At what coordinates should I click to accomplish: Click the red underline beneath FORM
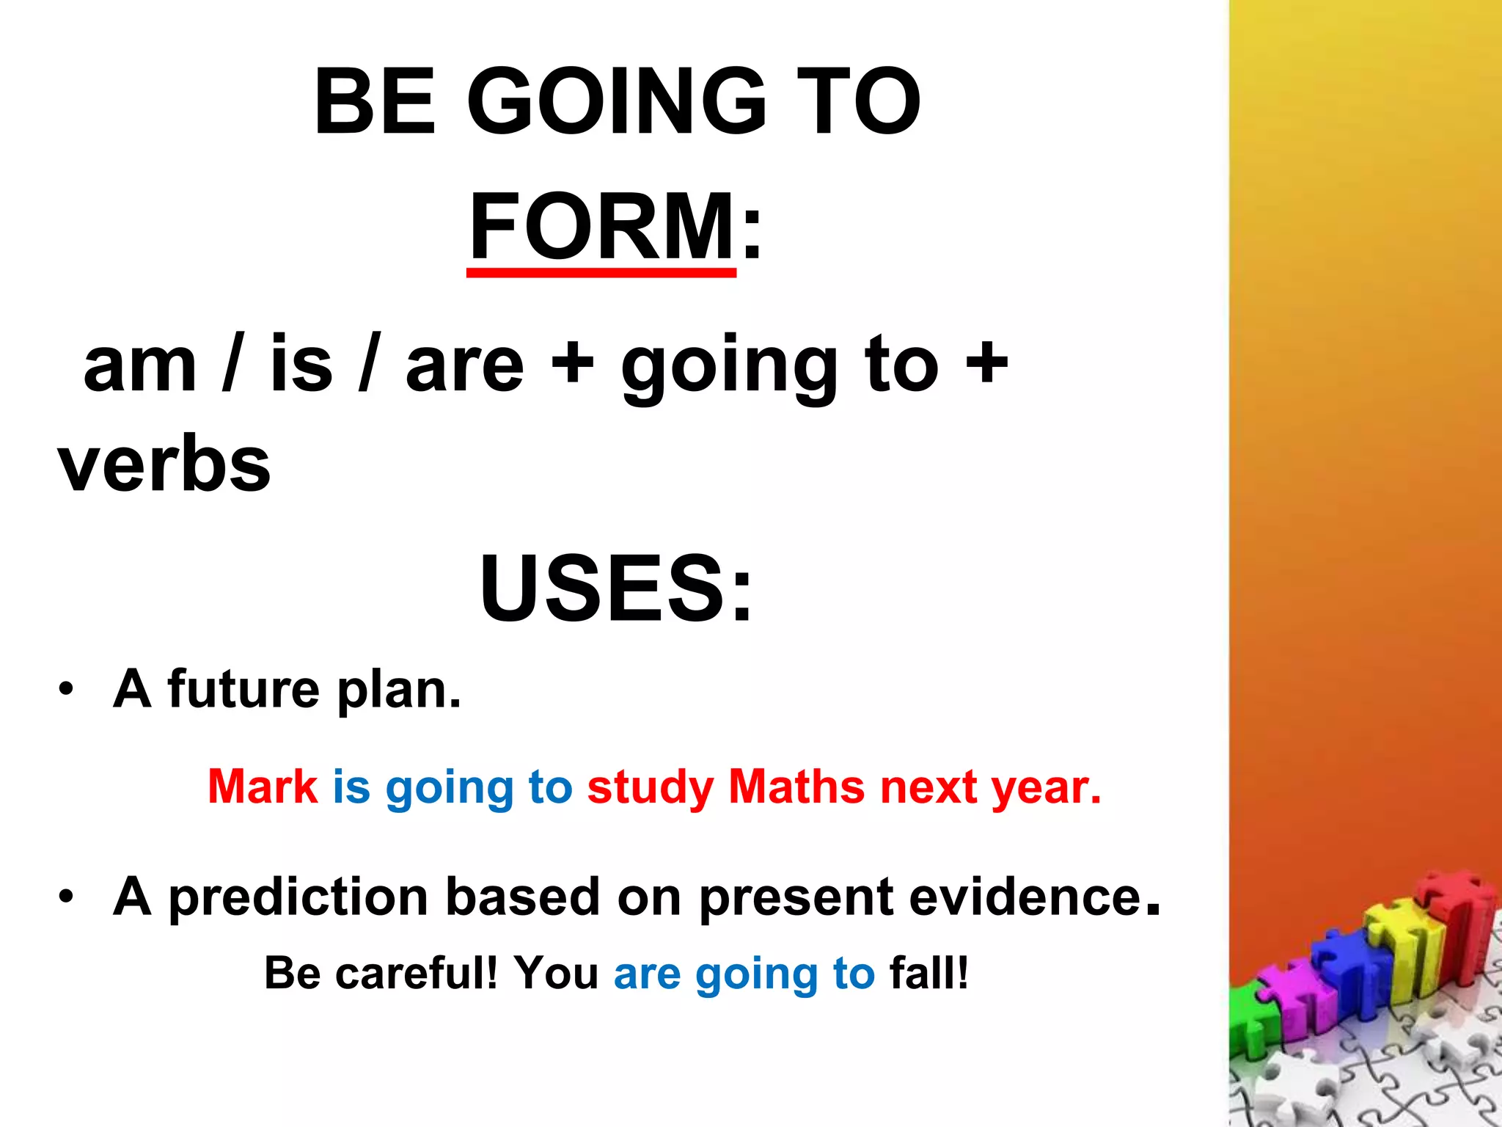(601, 273)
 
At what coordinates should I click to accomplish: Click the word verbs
(164, 464)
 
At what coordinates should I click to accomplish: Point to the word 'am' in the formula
(139, 365)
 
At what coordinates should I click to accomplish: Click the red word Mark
(263, 787)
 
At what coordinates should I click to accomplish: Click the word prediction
(298, 898)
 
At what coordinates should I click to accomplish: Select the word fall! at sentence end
(928, 973)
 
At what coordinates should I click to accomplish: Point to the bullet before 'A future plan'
(67, 690)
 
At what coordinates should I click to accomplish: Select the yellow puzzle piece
(1404, 947)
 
